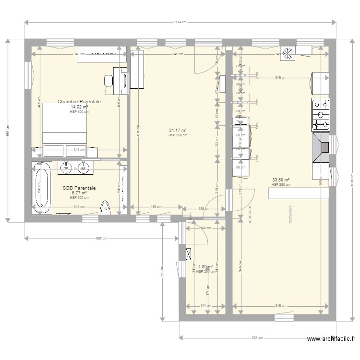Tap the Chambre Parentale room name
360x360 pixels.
(79, 102)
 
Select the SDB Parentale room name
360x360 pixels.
(79, 189)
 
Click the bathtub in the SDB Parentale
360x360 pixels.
(42, 188)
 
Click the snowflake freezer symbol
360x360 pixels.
(289, 53)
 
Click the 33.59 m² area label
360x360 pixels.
(280, 180)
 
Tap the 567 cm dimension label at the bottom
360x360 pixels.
(257, 337)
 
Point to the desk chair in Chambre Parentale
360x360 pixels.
(108, 80)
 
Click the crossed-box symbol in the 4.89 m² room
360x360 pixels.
(189, 252)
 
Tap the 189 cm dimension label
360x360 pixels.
(156, 207)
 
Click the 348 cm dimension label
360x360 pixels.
(280, 306)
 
